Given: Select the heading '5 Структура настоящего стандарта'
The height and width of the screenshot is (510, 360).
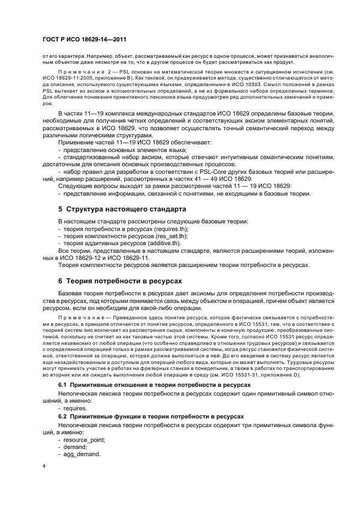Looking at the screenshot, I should tap(122, 209).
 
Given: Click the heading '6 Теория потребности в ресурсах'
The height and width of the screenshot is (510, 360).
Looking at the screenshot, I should tap(120, 281).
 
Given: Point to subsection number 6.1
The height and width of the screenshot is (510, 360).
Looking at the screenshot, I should tap(62, 385).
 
